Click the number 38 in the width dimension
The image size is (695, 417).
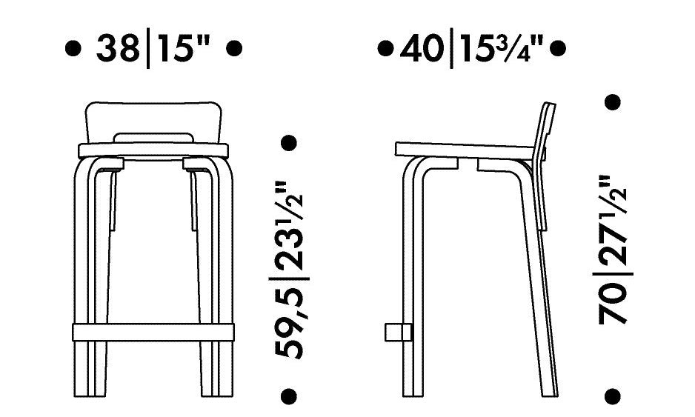(x=117, y=48)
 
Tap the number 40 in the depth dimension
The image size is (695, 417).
(x=421, y=48)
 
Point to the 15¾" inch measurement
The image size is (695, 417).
(x=502, y=48)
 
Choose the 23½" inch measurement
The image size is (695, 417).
(x=289, y=226)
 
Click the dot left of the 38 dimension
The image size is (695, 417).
(x=73, y=48)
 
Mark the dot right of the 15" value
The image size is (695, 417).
(x=234, y=48)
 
